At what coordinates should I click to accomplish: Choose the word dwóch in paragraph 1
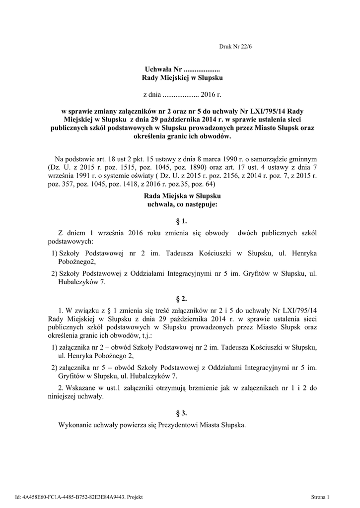click(248, 233)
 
